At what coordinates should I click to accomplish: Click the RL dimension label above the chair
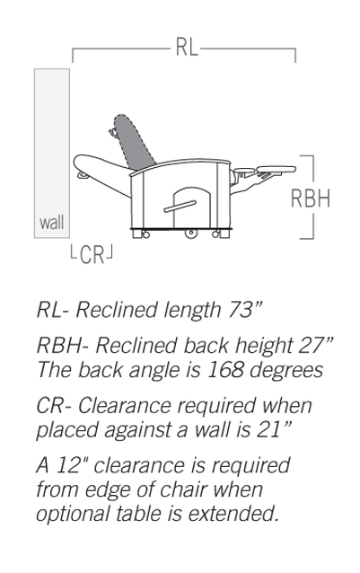[x=187, y=47]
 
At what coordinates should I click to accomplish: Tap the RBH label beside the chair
[x=311, y=198]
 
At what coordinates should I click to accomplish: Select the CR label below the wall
[x=92, y=255]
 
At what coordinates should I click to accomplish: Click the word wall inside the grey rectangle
[x=52, y=222]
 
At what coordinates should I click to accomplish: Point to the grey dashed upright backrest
[x=134, y=143]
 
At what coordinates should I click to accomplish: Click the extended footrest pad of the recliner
[x=276, y=169]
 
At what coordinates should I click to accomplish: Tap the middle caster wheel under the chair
[x=190, y=234]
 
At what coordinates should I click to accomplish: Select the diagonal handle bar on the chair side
[x=180, y=207]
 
